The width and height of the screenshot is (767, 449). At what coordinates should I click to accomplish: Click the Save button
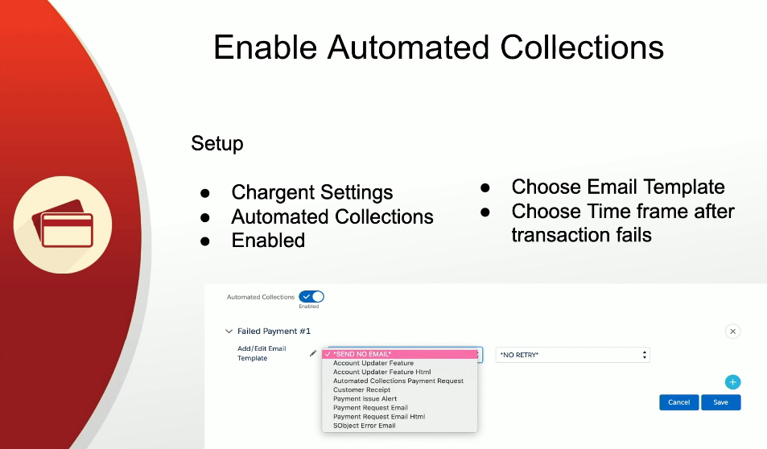pyautogui.click(x=720, y=402)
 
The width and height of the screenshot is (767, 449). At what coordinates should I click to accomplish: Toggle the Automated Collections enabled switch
pyautogui.click(x=311, y=296)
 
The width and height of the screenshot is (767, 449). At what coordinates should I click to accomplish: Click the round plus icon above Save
pyautogui.click(x=732, y=382)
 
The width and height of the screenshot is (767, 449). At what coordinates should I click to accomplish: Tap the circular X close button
pyautogui.click(x=732, y=332)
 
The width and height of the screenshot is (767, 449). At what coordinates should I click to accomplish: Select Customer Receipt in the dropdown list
pyautogui.click(x=361, y=389)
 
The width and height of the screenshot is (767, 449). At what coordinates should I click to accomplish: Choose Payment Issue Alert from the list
pyautogui.click(x=365, y=398)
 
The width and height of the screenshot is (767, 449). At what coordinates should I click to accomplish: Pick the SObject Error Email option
pyautogui.click(x=364, y=426)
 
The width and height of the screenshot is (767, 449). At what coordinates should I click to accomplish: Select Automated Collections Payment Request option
pyautogui.click(x=398, y=381)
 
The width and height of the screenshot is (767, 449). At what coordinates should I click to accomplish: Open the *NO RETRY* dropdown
pyautogui.click(x=573, y=355)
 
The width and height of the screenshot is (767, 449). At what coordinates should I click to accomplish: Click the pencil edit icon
pyautogui.click(x=313, y=353)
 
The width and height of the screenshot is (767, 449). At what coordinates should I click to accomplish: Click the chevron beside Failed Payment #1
pyautogui.click(x=229, y=332)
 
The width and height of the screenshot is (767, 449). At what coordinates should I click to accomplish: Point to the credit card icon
pyautogui.click(x=63, y=224)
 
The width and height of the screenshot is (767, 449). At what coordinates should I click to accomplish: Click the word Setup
pyautogui.click(x=217, y=143)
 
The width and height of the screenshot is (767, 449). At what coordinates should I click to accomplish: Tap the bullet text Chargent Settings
pyautogui.click(x=312, y=192)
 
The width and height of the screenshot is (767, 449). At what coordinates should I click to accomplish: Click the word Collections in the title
pyautogui.click(x=582, y=47)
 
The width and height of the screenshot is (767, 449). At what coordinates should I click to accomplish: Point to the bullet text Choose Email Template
pyautogui.click(x=618, y=187)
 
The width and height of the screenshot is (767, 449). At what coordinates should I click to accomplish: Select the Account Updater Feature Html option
pyautogui.click(x=382, y=372)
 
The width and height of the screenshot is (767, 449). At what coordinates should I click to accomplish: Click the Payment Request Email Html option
pyautogui.click(x=379, y=417)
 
